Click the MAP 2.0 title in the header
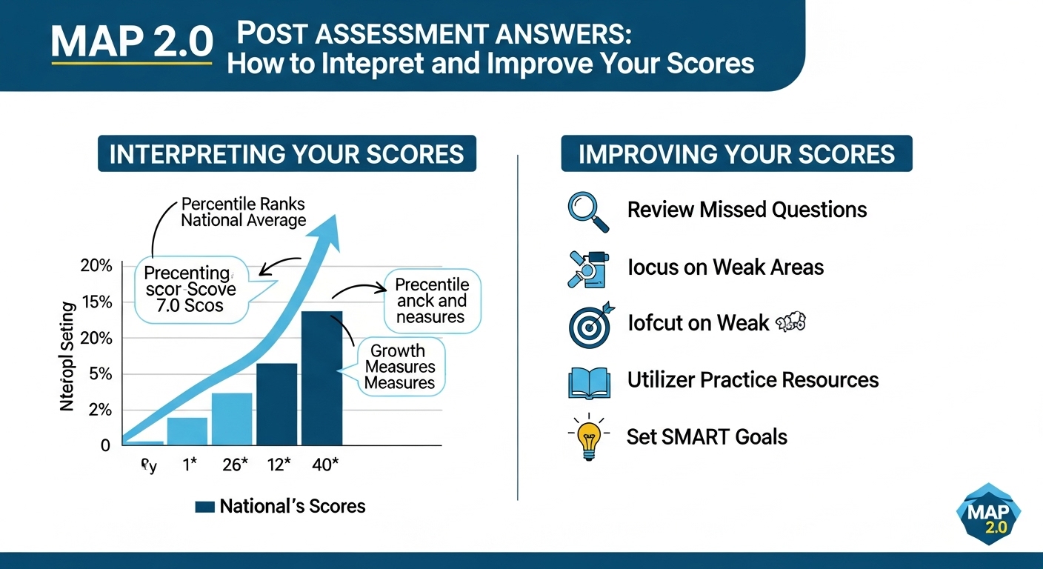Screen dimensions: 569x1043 click(131, 42)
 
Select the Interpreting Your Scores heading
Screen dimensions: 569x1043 click(287, 153)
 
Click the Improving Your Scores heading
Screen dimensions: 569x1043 click(736, 153)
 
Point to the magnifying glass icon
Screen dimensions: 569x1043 click(587, 211)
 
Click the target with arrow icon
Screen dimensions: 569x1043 click(590, 324)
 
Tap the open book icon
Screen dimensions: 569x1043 click(588, 381)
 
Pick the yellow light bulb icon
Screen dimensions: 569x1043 click(588, 437)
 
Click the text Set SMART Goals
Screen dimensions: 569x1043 click(707, 436)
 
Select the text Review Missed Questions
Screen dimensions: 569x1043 click(747, 210)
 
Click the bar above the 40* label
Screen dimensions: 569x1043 click(321, 378)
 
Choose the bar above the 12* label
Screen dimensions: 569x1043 click(276, 404)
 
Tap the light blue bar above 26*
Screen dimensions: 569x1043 click(232, 419)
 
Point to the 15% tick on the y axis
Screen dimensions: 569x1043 click(96, 302)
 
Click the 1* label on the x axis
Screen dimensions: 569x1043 click(189, 465)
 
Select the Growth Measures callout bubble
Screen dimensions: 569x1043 click(400, 366)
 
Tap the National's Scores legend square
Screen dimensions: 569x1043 click(204, 507)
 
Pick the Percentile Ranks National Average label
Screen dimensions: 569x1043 click(243, 212)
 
